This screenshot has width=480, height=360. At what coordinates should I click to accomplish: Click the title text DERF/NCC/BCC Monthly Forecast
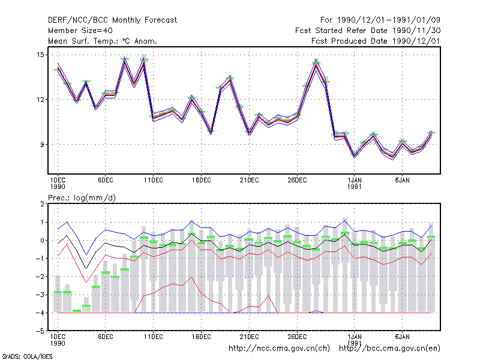click(112, 20)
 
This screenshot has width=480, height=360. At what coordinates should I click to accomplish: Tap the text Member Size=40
click(80, 31)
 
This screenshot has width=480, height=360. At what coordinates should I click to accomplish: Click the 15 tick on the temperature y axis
click(40, 55)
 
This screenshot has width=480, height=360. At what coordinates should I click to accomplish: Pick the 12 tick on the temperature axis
click(40, 100)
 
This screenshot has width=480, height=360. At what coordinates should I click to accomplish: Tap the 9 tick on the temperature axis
click(42, 144)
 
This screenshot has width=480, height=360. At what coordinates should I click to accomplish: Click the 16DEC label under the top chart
click(201, 181)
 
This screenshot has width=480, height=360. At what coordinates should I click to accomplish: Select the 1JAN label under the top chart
click(354, 181)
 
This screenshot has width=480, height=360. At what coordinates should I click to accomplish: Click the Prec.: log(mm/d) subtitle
click(82, 198)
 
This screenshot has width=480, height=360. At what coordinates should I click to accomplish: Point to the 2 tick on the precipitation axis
click(42, 204)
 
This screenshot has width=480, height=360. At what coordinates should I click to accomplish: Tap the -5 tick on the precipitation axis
click(40, 331)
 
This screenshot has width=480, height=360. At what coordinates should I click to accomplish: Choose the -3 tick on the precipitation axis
click(40, 295)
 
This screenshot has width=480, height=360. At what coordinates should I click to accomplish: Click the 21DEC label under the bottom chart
click(249, 337)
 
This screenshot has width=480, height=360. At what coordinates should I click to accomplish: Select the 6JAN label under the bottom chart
click(402, 337)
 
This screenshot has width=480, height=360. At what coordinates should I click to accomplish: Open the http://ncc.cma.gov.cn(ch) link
click(279, 349)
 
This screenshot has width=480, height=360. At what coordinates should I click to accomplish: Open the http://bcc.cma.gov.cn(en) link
click(389, 349)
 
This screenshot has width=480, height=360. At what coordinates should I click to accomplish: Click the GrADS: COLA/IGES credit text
click(27, 356)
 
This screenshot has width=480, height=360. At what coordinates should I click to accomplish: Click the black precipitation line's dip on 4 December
click(86, 268)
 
